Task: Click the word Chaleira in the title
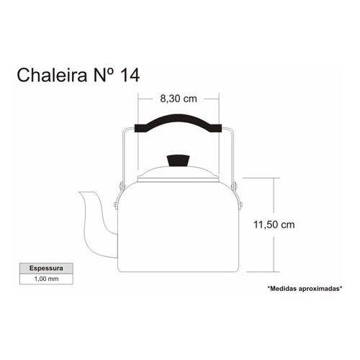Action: [52, 75]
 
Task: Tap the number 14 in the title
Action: [130, 75]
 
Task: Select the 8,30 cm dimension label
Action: [179, 99]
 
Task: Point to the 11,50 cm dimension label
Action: [274, 225]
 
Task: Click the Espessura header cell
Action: [46, 268]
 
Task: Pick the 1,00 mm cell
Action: [46, 279]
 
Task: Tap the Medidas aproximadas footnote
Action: [305, 289]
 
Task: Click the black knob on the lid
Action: [179, 161]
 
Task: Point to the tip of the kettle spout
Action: [80, 192]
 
